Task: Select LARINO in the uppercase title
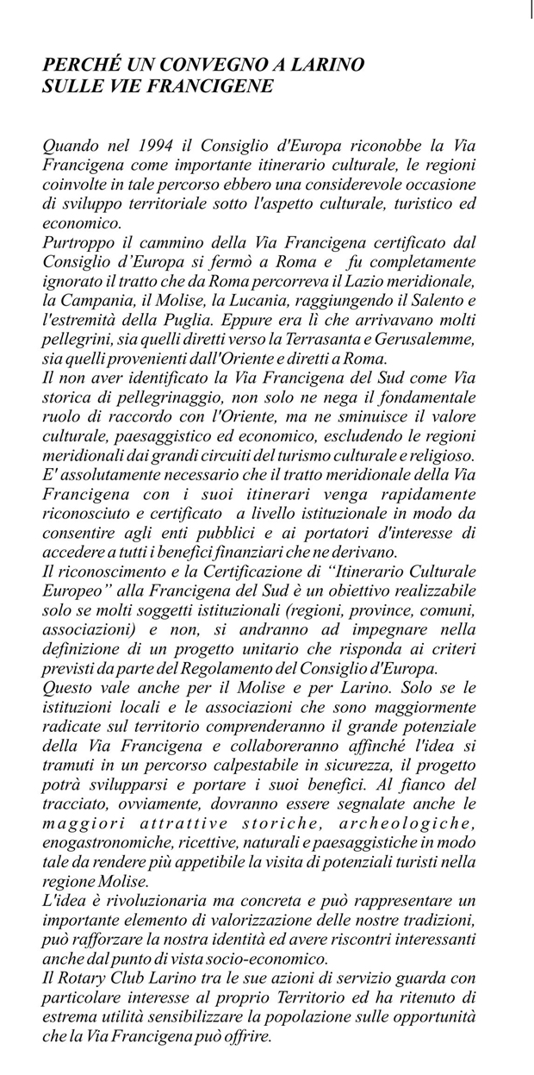(x=328, y=66)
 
